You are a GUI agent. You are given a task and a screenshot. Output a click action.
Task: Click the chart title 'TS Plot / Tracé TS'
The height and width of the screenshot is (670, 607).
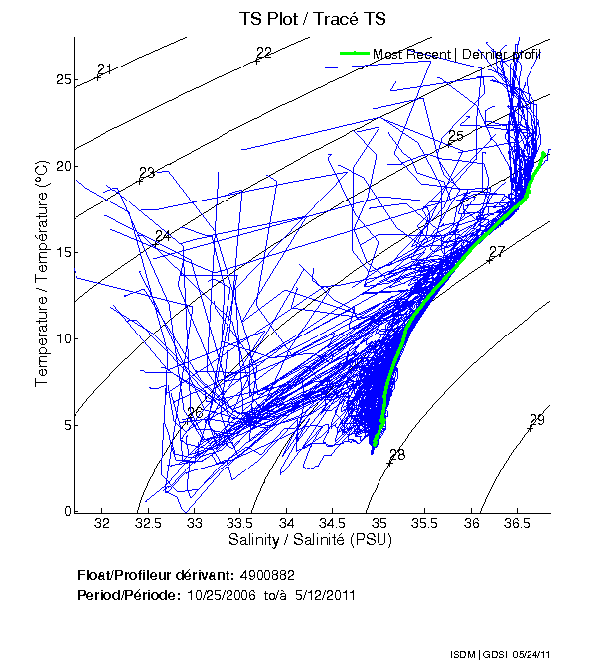pyautogui.click(x=311, y=19)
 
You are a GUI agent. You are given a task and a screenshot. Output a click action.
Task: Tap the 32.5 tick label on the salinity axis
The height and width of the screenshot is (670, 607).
pyautogui.click(x=148, y=523)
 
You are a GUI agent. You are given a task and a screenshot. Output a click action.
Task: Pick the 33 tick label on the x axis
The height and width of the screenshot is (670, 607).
pyautogui.click(x=195, y=523)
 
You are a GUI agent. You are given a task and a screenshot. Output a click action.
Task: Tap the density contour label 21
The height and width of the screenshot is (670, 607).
pyautogui.click(x=105, y=68)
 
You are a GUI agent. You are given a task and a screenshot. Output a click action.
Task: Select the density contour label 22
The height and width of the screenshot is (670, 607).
pyautogui.click(x=264, y=53)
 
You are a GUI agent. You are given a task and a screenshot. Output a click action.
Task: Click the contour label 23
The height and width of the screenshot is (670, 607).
pyautogui.click(x=147, y=173)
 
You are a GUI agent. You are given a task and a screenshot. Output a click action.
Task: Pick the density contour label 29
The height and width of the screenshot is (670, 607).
pyautogui.click(x=537, y=420)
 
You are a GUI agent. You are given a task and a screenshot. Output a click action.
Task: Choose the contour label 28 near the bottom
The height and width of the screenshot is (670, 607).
pyautogui.click(x=397, y=455)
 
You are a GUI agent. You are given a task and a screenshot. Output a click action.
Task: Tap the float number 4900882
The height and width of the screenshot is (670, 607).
pyautogui.click(x=267, y=576)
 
